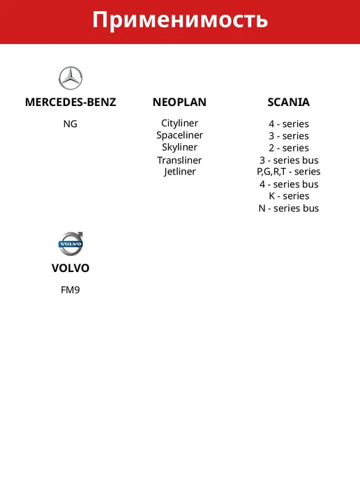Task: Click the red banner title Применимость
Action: click(x=180, y=20)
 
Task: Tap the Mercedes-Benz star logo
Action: click(x=70, y=78)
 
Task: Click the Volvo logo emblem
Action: click(x=70, y=243)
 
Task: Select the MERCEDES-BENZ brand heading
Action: click(x=70, y=103)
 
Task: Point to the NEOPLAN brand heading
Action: click(x=180, y=103)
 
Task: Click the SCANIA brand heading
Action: click(x=289, y=103)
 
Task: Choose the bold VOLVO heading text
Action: click(x=70, y=268)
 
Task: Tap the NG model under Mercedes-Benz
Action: click(x=70, y=124)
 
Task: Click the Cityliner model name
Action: click(x=180, y=123)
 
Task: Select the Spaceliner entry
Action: click(x=180, y=135)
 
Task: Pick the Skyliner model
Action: click(x=180, y=147)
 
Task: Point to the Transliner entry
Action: click(x=180, y=160)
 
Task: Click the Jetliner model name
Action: click(x=180, y=172)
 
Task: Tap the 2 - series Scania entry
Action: click(x=289, y=148)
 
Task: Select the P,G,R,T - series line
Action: click(x=289, y=172)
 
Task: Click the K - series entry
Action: click(x=289, y=196)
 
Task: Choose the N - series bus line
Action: click(x=289, y=209)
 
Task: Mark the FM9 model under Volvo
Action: click(x=70, y=290)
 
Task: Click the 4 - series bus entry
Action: click(x=289, y=184)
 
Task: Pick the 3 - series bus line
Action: click(x=289, y=160)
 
